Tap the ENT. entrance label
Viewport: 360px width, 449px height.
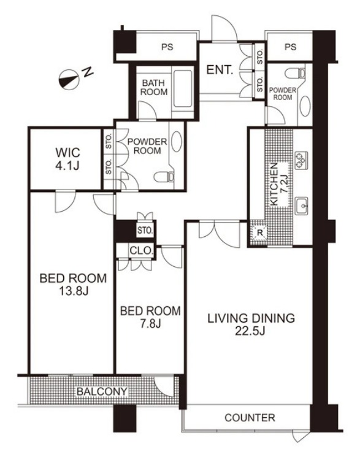coord(220,70)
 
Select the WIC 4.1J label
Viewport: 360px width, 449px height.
coord(67,159)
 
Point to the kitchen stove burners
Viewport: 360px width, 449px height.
coord(301,159)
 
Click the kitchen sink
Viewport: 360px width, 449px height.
coord(301,205)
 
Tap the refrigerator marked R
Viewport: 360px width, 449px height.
coord(260,232)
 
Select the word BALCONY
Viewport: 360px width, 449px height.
coord(102,391)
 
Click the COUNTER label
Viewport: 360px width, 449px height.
coord(250,418)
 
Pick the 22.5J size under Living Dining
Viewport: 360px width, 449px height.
coord(250,331)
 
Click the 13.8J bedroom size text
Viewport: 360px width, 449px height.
coord(74,291)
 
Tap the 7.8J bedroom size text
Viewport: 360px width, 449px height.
coord(150,324)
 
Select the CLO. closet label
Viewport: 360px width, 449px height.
coord(141,250)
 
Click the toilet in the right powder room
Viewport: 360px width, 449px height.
coord(295,74)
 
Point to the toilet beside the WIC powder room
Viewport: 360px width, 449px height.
coord(164,177)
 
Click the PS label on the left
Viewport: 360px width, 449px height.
coord(167,47)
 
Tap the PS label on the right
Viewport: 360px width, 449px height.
coord(291,47)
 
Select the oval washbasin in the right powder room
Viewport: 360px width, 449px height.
coord(305,106)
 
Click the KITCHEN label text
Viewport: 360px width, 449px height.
coord(274,184)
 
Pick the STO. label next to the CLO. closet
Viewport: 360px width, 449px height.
coord(145,230)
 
